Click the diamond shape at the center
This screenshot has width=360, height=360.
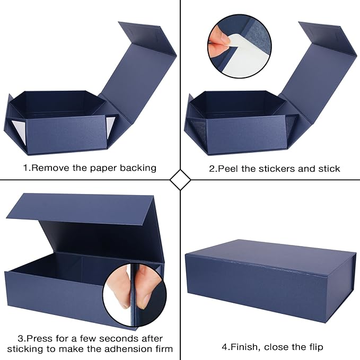180,180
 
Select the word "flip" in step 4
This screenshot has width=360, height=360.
313,347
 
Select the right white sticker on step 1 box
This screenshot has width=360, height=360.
110,126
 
